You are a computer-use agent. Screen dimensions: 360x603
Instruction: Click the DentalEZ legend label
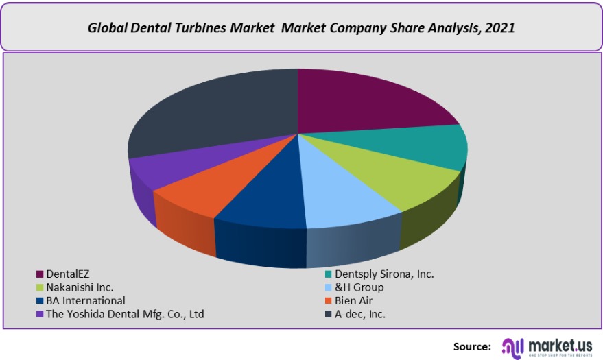pyautogui.click(x=67, y=274)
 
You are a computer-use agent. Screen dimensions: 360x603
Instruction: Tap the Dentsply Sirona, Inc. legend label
pyautogui.click(x=384, y=274)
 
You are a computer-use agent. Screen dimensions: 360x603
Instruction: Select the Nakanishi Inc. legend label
pyautogui.click(x=80, y=287)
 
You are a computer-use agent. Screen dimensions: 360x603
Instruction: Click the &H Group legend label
pyautogui.click(x=359, y=287)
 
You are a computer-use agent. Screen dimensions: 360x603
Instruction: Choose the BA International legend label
pyautogui.click(x=86, y=300)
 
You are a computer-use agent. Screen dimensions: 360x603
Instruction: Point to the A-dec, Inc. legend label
pyautogui.click(x=360, y=314)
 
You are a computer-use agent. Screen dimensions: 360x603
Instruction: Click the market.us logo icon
pyautogui.click(x=513, y=346)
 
